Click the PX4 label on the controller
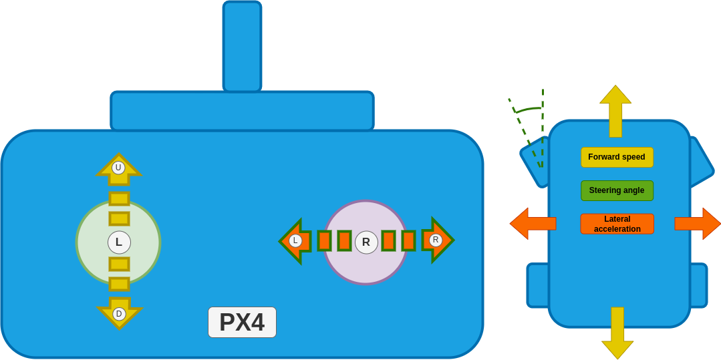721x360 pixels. click(x=242, y=323)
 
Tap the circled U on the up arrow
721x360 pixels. click(x=118, y=168)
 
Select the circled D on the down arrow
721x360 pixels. click(x=119, y=314)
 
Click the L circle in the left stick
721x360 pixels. click(x=119, y=242)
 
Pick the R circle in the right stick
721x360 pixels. click(x=366, y=242)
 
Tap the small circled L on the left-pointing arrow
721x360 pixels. click(x=295, y=240)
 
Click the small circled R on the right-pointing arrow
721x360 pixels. click(x=436, y=240)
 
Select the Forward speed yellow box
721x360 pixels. click(x=617, y=157)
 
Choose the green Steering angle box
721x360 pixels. click(x=617, y=190)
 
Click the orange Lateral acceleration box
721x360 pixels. click(x=617, y=224)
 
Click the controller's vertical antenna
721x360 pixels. click(x=242, y=45)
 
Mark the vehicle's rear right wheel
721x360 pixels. click(x=699, y=285)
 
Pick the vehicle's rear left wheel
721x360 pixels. click(x=537, y=285)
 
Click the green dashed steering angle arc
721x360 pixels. click(x=528, y=109)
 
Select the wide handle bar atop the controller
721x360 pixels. click(x=242, y=111)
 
